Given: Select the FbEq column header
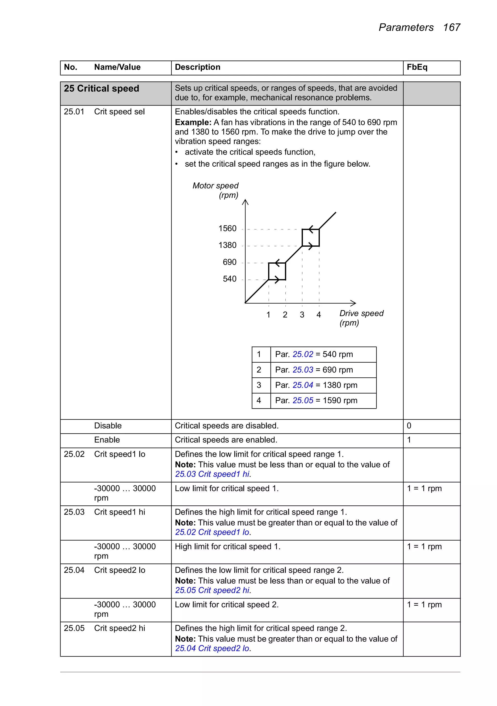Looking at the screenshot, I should pyautogui.click(x=417, y=67).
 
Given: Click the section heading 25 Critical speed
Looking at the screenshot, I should pyautogui.click(x=101, y=89).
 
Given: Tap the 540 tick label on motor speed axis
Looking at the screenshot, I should pyautogui.click(x=229, y=279).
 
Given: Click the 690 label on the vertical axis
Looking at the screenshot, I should pyautogui.click(x=229, y=262).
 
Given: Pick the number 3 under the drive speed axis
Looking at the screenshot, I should pyautogui.click(x=302, y=315).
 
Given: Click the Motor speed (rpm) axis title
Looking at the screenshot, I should pyautogui.click(x=215, y=190).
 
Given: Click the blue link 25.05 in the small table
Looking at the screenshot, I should pyautogui.click(x=303, y=400).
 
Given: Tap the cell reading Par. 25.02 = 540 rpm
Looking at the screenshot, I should pyautogui.click(x=314, y=354).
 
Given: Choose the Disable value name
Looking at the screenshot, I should pyautogui.click(x=108, y=426).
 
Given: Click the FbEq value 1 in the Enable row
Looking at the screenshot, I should pyautogui.click(x=409, y=440).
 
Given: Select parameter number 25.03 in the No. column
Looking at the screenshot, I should pyautogui.click(x=74, y=512).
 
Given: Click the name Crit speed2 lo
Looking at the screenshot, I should pyautogui.click(x=119, y=570).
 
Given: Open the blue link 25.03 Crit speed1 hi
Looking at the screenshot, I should pyautogui.click(x=212, y=474).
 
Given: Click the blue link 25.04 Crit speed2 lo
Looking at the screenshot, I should pyautogui.click(x=212, y=648).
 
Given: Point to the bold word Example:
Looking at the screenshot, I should pyautogui.click(x=193, y=122).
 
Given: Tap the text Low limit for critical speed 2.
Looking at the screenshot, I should pyautogui.click(x=226, y=605).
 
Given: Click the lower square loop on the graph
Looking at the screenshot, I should pyautogui.click(x=277, y=271).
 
